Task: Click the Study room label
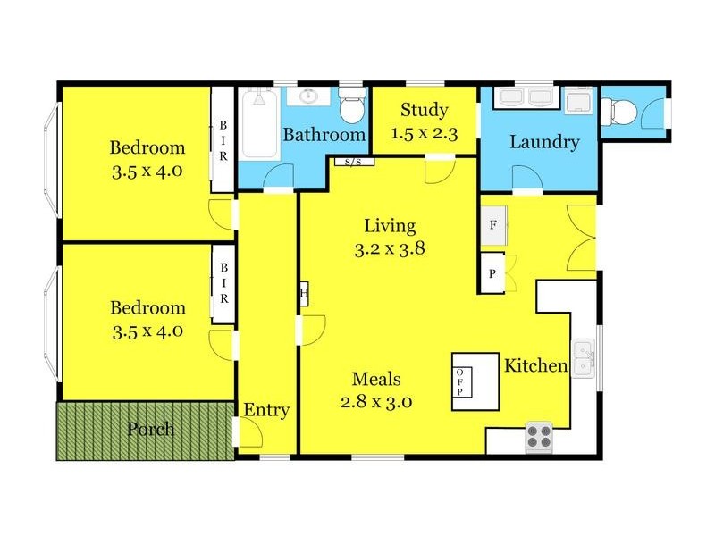click(x=424, y=111)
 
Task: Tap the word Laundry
click(x=544, y=142)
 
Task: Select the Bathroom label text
click(x=324, y=135)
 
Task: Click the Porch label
click(x=150, y=429)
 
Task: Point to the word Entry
click(x=266, y=410)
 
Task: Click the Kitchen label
click(x=536, y=365)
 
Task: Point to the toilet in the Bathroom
click(x=352, y=107)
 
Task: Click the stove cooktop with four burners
click(x=538, y=435)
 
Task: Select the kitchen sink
click(x=584, y=357)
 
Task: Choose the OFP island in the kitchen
click(x=474, y=381)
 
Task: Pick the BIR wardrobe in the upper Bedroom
click(x=223, y=139)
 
